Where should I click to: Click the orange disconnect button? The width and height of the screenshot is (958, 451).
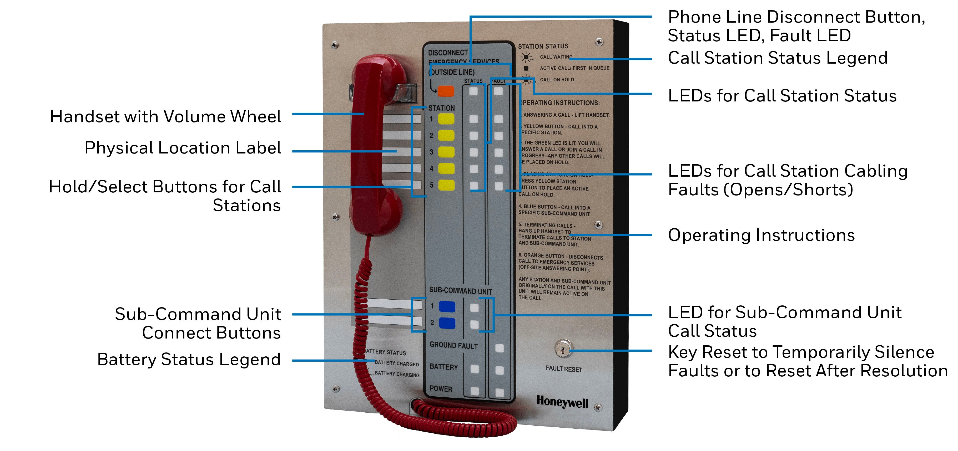[x=446, y=91]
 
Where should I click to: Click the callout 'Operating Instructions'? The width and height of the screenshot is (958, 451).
[x=761, y=235]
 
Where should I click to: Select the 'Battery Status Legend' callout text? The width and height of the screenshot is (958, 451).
[x=189, y=359]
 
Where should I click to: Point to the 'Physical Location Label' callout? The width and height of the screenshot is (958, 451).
[x=183, y=148]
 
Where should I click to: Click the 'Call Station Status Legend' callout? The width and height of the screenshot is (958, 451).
[x=778, y=58]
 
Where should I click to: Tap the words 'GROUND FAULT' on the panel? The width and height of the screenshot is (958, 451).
[x=453, y=345]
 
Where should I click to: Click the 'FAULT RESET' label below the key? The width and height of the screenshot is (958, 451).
[x=564, y=369]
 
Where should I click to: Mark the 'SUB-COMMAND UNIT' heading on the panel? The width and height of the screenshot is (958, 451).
[x=460, y=290]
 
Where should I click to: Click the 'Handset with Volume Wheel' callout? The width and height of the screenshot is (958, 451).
[x=165, y=117]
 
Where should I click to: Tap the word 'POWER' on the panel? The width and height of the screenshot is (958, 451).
[x=441, y=389]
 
